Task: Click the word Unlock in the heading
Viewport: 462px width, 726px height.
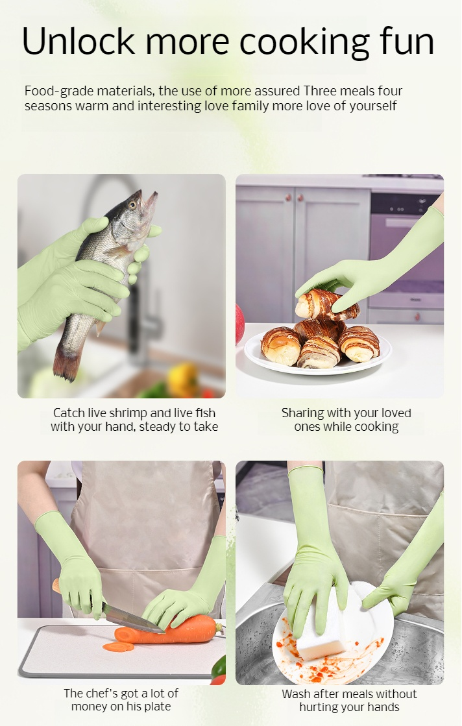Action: coord(79,42)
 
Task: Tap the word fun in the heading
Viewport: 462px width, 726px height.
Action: coord(407,42)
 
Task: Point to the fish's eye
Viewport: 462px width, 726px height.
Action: coord(133,204)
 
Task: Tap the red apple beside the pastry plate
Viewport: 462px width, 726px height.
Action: coord(240,324)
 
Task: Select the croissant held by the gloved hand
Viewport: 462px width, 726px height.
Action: coord(326,303)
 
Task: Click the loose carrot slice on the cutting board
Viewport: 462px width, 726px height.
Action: coord(118,646)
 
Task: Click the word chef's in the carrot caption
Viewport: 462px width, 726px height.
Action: coord(101,693)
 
